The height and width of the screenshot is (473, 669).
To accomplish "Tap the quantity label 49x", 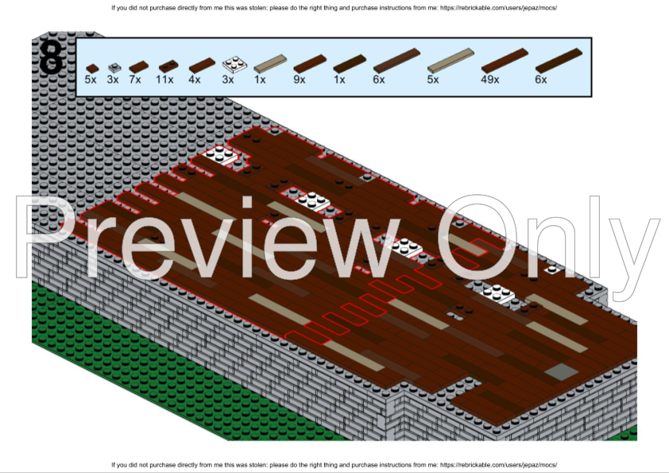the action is click(x=489, y=79).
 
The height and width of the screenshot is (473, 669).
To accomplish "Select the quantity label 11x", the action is click(x=164, y=79).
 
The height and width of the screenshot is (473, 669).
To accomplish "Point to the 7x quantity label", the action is click(x=135, y=79).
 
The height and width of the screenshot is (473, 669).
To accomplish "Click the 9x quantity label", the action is click(x=299, y=79).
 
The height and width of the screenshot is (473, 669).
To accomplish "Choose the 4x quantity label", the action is click(x=194, y=79).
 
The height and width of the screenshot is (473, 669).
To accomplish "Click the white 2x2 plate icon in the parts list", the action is click(x=234, y=64).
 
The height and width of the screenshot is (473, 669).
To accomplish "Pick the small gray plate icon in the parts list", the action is click(x=114, y=68).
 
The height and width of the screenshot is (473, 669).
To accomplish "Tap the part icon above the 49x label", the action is click(x=505, y=60).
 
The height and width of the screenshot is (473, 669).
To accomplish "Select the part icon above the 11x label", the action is click(x=168, y=66).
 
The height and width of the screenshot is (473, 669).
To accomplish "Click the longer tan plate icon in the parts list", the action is click(x=451, y=60).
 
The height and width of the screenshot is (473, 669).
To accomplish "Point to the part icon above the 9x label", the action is click(x=310, y=64).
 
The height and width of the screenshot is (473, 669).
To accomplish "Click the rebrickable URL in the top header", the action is click(x=498, y=8).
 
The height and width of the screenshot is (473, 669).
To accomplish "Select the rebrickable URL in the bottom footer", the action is click(x=498, y=464).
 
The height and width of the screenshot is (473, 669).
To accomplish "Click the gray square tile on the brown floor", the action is click(x=561, y=372).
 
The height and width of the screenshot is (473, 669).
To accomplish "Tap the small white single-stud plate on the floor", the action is click(x=552, y=269).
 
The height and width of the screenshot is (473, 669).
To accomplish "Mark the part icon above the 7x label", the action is click(x=139, y=67).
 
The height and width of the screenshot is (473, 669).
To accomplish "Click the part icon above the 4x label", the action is click(x=202, y=65).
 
